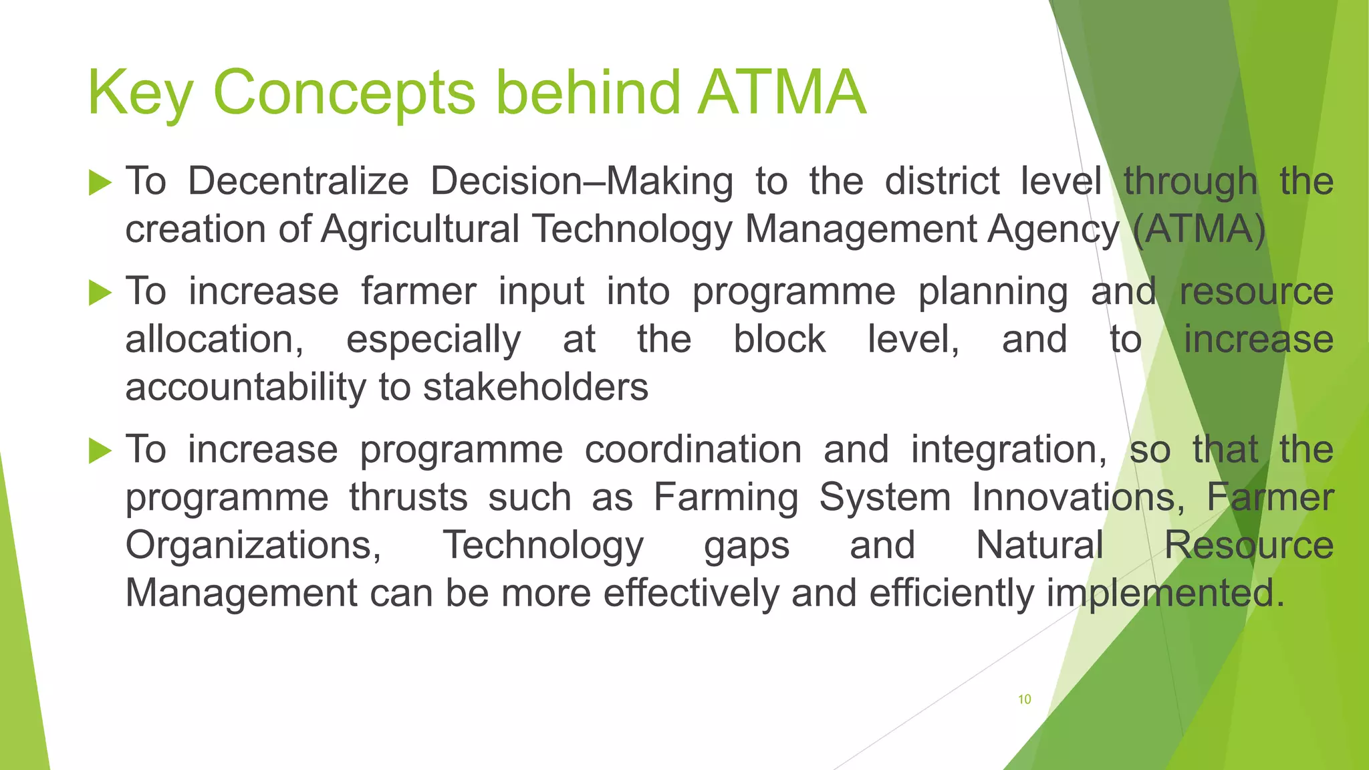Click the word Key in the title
click(140, 94)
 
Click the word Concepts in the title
click(344, 94)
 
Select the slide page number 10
click(1024, 699)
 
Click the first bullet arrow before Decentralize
click(100, 182)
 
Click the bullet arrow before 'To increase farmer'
click(100, 292)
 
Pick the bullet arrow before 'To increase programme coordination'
click(100, 451)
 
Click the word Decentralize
click(297, 181)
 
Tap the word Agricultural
click(420, 229)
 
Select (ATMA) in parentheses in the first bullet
click(1199, 229)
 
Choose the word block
click(779, 339)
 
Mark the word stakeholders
click(535, 387)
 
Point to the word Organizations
click(253, 545)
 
